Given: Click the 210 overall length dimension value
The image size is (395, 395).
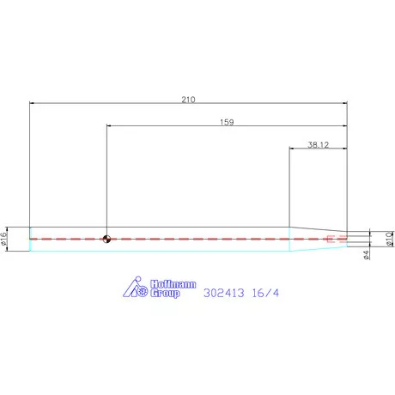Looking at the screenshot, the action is point(188,100).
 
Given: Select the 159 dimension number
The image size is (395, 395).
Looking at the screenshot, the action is point(227,122).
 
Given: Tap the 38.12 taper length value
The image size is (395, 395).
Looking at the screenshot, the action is point(318,145).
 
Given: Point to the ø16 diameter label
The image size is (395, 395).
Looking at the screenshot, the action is point(3,239).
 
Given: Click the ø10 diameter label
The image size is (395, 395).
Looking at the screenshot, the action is point(389,239).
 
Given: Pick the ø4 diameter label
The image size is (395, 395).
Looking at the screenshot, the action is point(366,255).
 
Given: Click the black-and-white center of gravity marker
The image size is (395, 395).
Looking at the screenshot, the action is point(106,239).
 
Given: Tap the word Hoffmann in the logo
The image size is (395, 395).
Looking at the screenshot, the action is point(173,284).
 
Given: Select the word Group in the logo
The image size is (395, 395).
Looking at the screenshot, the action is point(165,294).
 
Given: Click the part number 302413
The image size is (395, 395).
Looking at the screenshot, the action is point(224,293).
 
